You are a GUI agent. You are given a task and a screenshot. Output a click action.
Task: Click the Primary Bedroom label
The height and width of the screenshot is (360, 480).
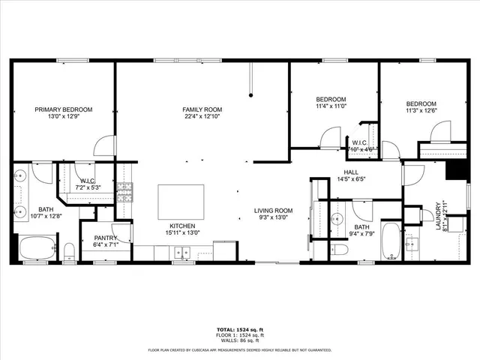pyautogui.click(x=64, y=109)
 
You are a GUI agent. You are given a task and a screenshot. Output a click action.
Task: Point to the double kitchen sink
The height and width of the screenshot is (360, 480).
pyautogui.click(x=182, y=253)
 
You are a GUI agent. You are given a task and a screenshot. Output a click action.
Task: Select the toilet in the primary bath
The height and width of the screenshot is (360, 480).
pyautogui.click(x=69, y=249)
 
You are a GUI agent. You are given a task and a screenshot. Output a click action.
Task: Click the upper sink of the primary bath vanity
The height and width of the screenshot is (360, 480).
pyautogui.click(x=19, y=177)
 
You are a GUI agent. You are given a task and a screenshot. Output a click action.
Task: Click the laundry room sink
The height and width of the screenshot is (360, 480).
pyautogui.click(x=411, y=242)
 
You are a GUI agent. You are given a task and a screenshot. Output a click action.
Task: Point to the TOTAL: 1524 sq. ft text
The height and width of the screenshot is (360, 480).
pyautogui.click(x=239, y=329)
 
